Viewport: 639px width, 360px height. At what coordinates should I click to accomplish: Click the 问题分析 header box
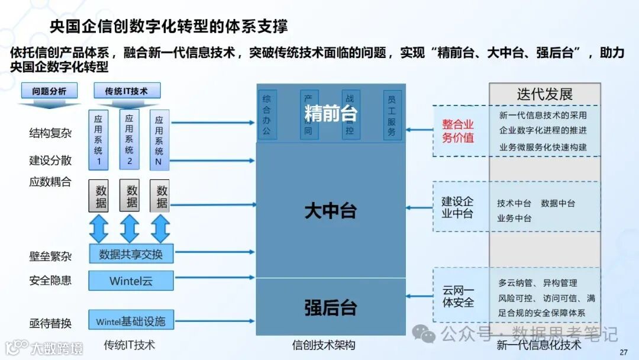tap(49, 91)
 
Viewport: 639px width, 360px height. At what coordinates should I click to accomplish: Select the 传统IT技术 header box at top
tap(126, 91)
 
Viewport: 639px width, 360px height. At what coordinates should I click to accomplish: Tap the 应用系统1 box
tap(98, 140)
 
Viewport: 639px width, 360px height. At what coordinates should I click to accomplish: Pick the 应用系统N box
tap(159, 140)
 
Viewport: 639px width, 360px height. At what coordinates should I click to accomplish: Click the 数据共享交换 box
tap(131, 255)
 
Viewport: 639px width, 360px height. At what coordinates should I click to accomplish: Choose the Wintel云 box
tap(131, 281)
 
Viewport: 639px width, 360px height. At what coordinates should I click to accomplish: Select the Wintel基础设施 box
tap(131, 322)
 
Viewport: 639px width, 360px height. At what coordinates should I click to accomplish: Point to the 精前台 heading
tap(331, 112)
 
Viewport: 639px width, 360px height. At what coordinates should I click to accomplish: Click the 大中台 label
tap(331, 211)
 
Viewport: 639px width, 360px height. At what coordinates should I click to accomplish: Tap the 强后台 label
tap(331, 308)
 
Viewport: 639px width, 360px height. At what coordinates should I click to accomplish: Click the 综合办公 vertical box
tap(266, 115)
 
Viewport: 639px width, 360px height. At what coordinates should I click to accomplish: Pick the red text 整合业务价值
tap(458, 131)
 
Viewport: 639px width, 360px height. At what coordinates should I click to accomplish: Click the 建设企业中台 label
tap(457, 208)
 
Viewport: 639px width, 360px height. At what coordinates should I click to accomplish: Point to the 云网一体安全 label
tap(458, 296)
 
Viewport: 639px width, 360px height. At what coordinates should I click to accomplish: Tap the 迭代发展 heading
tap(544, 94)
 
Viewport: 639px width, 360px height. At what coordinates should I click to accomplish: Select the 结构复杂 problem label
tap(50, 133)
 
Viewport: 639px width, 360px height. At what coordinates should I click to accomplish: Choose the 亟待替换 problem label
tap(50, 323)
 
